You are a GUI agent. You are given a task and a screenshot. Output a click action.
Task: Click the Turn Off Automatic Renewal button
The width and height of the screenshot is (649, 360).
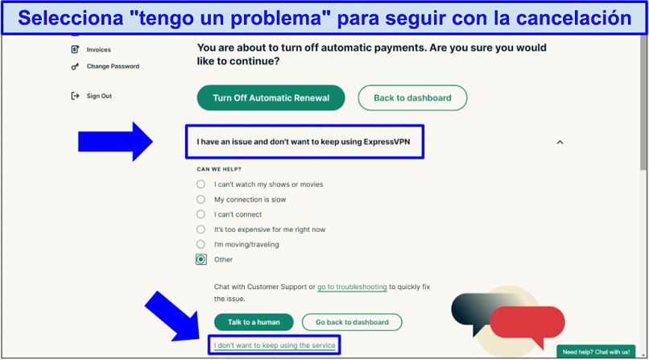pyautogui.click(x=271, y=98)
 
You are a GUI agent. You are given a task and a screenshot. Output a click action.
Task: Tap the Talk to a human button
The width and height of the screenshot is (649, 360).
pyautogui.click(x=254, y=322)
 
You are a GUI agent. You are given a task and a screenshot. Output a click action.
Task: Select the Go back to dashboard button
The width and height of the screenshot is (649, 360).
pyautogui.click(x=352, y=322)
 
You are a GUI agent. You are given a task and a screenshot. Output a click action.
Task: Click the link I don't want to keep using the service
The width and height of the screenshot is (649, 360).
pyautogui.click(x=275, y=346)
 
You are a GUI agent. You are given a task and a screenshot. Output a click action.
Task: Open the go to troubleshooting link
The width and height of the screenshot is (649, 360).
pyautogui.click(x=352, y=287)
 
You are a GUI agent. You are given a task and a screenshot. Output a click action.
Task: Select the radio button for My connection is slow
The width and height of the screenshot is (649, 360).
pyautogui.click(x=200, y=200)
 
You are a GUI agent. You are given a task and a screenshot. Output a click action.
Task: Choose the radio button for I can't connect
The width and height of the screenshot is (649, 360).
pyautogui.click(x=200, y=214)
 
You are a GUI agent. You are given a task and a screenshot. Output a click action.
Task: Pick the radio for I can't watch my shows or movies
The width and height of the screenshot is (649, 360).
pyautogui.click(x=200, y=184)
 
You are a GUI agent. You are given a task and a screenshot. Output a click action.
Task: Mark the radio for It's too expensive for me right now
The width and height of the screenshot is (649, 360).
pyautogui.click(x=200, y=230)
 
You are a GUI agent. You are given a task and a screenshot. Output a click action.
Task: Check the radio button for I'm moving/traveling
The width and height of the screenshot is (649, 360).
pyautogui.click(x=200, y=244)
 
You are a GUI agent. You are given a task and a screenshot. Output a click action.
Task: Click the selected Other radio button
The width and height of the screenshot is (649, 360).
pyautogui.click(x=201, y=259)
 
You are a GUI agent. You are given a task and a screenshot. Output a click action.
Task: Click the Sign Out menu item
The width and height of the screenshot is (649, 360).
pyautogui.click(x=92, y=96)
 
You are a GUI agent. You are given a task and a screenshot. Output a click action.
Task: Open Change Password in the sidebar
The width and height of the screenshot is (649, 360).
pyautogui.click(x=105, y=66)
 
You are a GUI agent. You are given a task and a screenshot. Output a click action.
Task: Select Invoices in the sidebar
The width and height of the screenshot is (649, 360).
pyautogui.click(x=91, y=50)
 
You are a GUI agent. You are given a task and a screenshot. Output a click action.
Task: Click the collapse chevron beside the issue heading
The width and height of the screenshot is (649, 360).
pyautogui.click(x=560, y=143)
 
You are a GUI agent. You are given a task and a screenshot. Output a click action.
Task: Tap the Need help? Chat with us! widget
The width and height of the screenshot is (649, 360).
pyautogui.click(x=596, y=352)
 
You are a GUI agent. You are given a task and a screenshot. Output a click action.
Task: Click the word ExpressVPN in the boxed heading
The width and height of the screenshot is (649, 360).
pyautogui.click(x=387, y=142)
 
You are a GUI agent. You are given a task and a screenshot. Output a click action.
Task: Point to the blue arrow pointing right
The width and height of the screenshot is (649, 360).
pyautogui.click(x=115, y=142)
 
